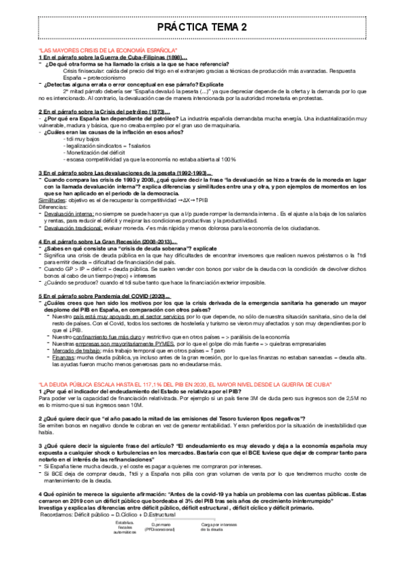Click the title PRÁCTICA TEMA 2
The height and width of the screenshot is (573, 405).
202,27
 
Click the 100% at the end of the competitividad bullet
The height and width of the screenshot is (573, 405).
227,159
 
